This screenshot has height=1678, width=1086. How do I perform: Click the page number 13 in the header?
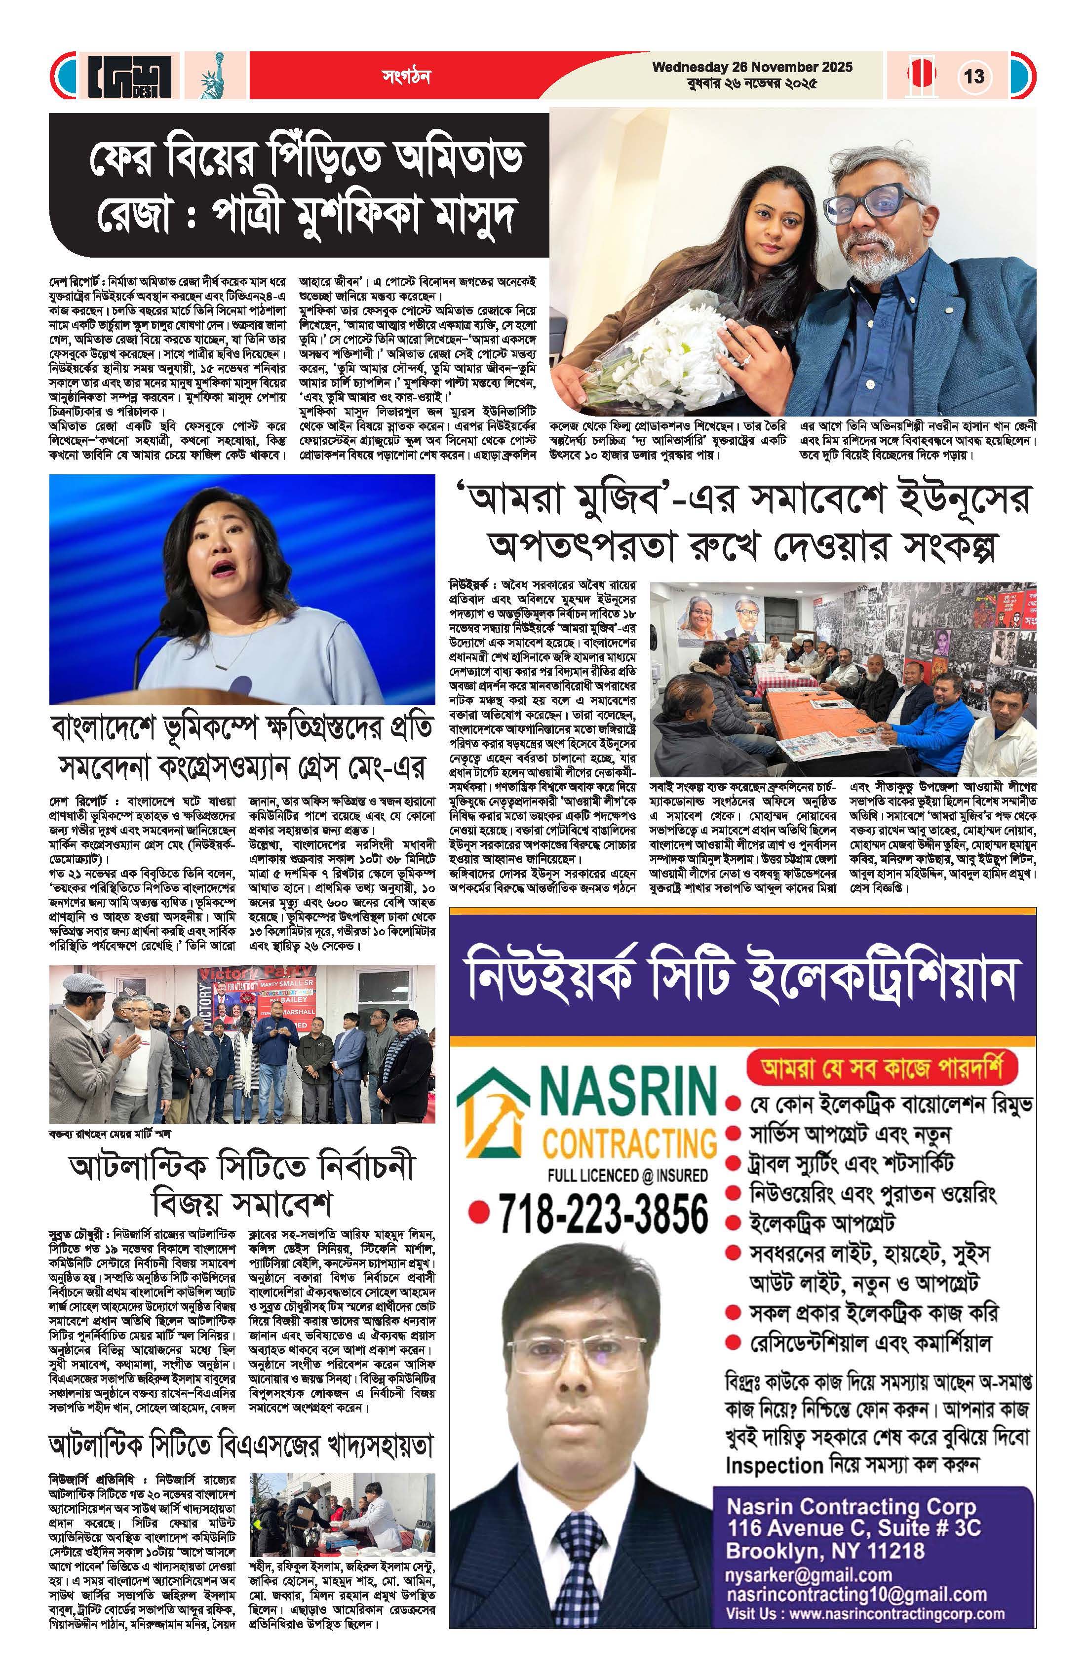(974, 76)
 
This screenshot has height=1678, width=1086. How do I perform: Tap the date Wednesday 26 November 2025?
(752, 68)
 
